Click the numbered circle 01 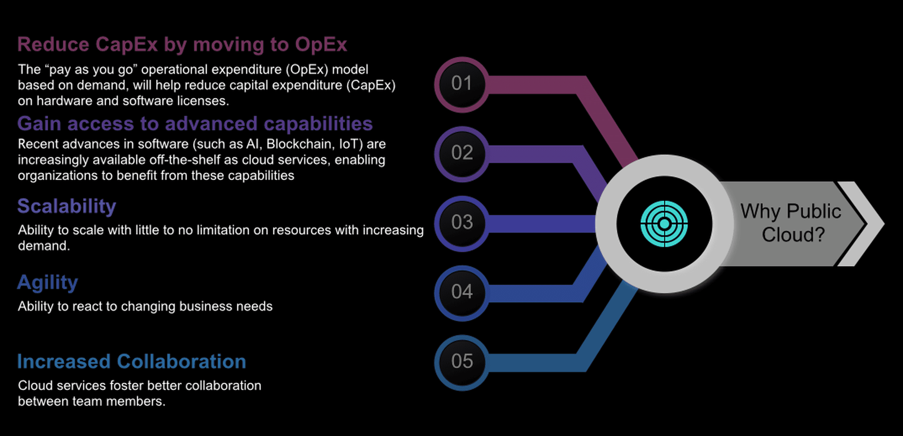[x=462, y=84]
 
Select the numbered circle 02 [x=462, y=154]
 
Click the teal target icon [x=664, y=224]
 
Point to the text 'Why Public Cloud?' [x=791, y=223]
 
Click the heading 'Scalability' [x=66, y=207]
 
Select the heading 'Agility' [x=48, y=283]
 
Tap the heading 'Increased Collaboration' [x=132, y=361]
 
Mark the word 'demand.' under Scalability [x=44, y=246]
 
